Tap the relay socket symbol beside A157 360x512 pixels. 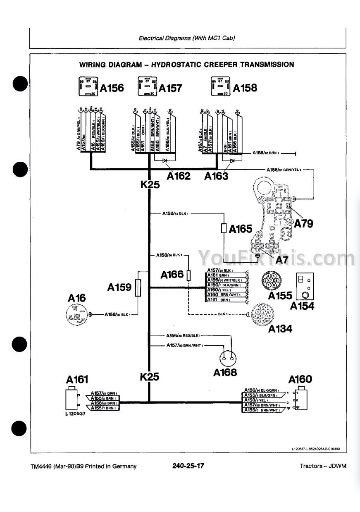coord(147,87)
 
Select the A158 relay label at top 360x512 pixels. coord(245,88)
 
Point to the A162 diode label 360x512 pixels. coord(179,176)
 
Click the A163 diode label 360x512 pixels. coord(217,176)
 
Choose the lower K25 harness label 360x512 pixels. coord(150,377)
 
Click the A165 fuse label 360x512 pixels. coord(240,229)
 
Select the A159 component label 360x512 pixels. coord(119,287)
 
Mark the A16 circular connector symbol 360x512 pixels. coord(77,315)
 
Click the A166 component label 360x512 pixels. coord(172,274)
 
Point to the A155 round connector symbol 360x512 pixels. coord(272,281)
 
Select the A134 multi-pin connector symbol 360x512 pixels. coord(263,314)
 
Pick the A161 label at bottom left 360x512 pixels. coord(77,380)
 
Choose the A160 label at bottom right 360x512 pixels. coord(300,379)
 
